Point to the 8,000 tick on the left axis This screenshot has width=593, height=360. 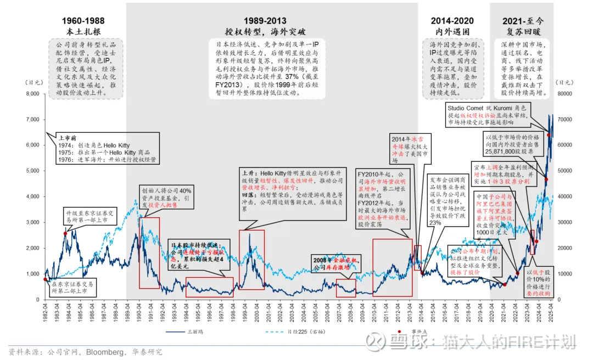[32, 94]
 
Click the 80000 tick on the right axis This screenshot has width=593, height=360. [565, 94]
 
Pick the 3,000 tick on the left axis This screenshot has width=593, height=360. [32, 222]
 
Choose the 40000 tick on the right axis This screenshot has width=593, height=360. [565, 196]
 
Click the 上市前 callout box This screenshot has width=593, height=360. [107, 149]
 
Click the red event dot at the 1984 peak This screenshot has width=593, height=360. [65, 233]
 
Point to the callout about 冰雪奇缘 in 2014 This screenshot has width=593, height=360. [410, 147]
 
